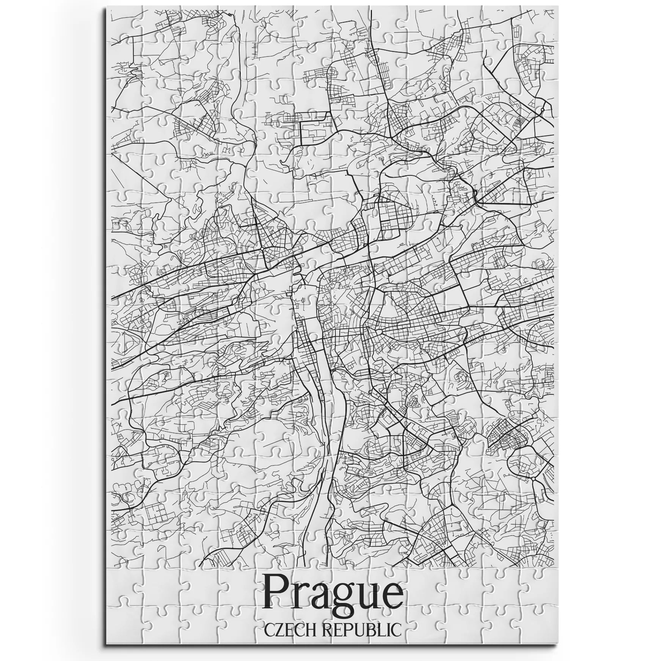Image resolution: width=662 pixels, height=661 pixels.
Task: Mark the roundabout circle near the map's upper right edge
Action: [x=543, y=109]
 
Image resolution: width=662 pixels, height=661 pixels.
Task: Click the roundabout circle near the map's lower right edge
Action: [x=534, y=479]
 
